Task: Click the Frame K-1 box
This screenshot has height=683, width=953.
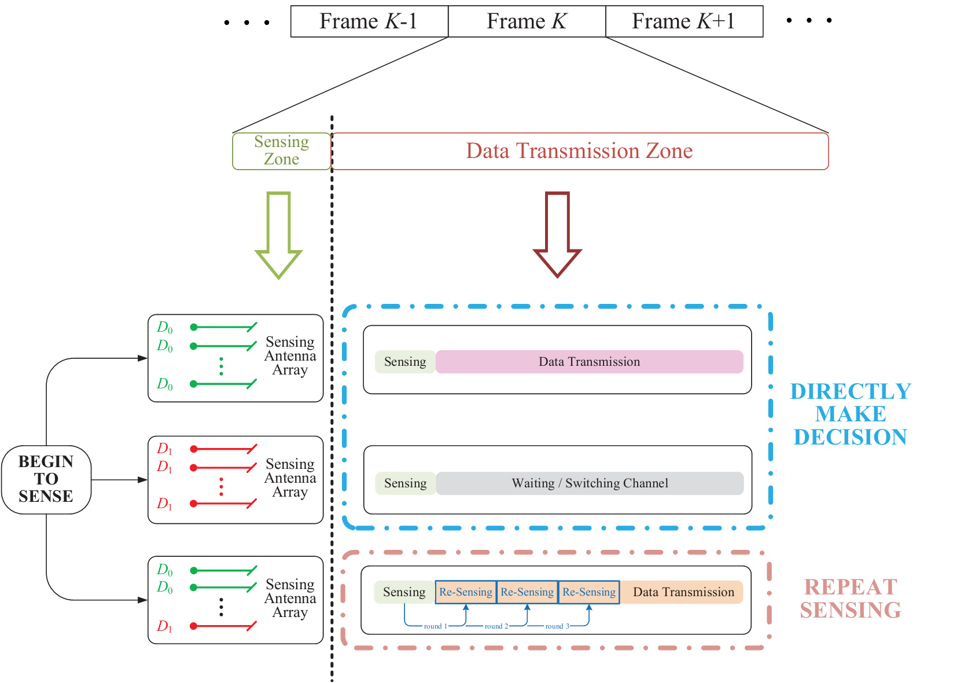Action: point(369,21)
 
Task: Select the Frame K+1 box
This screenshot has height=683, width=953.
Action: point(684,21)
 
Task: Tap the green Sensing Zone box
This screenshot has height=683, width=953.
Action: point(282,151)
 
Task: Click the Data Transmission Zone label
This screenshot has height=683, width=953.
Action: point(579,151)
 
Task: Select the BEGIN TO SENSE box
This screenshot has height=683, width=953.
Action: point(46,479)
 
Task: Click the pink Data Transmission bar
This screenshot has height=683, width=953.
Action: point(589,362)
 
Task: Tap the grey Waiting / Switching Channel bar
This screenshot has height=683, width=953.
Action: point(590,483)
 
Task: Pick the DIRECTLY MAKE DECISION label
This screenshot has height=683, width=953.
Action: point(851,414)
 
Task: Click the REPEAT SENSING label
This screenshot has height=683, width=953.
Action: point(851,598)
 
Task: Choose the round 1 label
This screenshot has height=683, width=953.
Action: point(435,626)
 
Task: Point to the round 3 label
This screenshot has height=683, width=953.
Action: point(557,626)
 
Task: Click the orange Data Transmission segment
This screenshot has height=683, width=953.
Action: point(683,592)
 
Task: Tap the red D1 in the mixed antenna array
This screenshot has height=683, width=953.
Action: point(165,626)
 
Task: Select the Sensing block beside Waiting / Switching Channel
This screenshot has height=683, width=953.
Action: point(405,483)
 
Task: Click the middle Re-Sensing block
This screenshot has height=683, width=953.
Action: point(527,592)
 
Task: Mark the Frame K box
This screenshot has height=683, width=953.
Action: point(527,21)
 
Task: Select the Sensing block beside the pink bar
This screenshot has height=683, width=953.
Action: point(405,362)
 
